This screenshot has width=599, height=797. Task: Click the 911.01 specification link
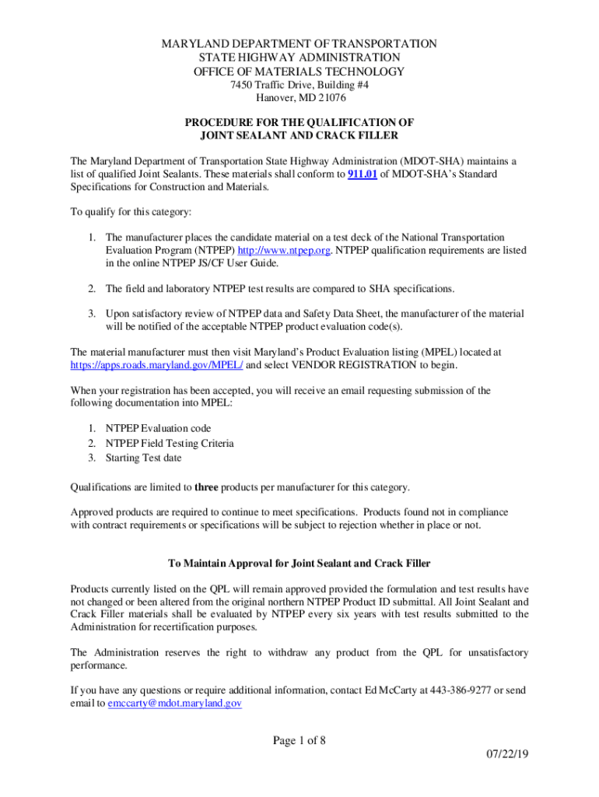[362, 174]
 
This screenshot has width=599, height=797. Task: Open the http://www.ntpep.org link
[284, 250]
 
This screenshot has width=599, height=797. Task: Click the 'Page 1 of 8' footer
[299, 740]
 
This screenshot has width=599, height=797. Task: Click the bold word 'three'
[205, 487]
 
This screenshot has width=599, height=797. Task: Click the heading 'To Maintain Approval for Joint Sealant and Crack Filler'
[299, 563]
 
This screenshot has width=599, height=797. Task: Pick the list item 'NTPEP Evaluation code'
[159, 428]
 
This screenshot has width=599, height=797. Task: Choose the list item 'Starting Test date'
[144, 457]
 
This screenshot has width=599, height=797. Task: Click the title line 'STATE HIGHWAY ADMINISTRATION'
[299, 58]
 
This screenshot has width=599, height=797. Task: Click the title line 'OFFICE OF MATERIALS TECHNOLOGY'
[299, 72]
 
